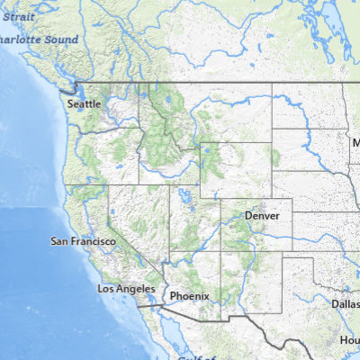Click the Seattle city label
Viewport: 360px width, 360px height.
coord(85,103)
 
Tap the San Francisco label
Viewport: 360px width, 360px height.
coord(83,241)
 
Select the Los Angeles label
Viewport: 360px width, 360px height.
coord(124,288)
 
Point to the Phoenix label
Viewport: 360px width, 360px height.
coord(189,295)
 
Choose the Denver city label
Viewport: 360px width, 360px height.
coord(262,217)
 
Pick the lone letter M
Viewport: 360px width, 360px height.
coord(355,142)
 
